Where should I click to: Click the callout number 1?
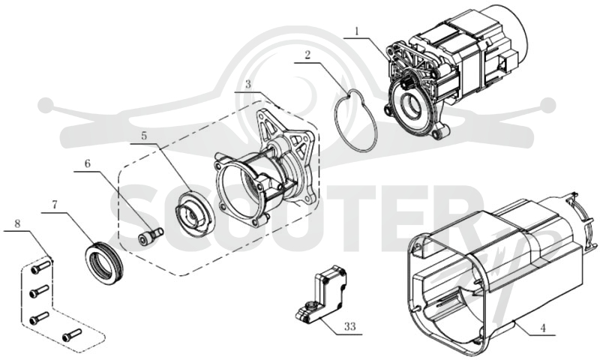[357, 31]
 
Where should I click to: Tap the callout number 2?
[307, 55]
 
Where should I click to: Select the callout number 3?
[248, 84]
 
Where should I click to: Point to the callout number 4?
[542, 328]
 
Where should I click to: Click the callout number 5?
[144, 136]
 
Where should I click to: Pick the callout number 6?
[88, 163]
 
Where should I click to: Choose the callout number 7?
[54, 205]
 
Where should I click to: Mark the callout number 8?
[17, 223]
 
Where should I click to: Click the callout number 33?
[349, 326]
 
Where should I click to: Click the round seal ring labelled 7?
[103, 260]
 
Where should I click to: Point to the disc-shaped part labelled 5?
[193, 211]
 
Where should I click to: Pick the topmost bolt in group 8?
[40, 267]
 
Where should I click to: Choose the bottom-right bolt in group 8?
[72, 335]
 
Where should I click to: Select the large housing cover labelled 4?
[497, 275]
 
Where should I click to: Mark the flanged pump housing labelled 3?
[264, 172]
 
